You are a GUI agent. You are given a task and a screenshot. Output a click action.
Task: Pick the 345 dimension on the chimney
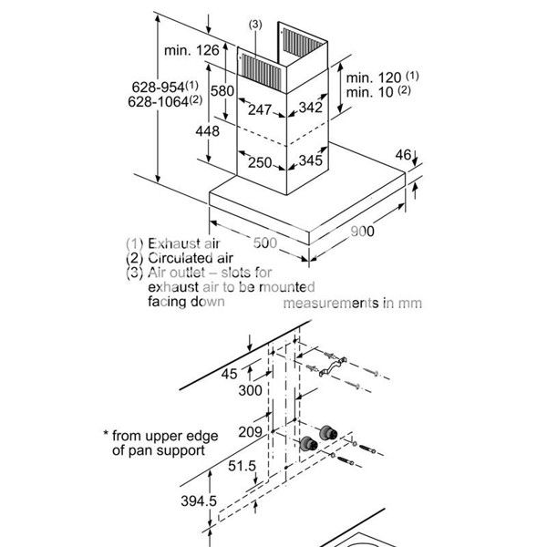310,161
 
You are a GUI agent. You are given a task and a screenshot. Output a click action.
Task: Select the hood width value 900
361,232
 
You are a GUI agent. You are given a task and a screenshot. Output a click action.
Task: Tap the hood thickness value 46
405,156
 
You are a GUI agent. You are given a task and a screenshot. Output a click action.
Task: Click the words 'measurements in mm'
354,303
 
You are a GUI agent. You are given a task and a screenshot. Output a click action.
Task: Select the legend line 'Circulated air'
173,258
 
